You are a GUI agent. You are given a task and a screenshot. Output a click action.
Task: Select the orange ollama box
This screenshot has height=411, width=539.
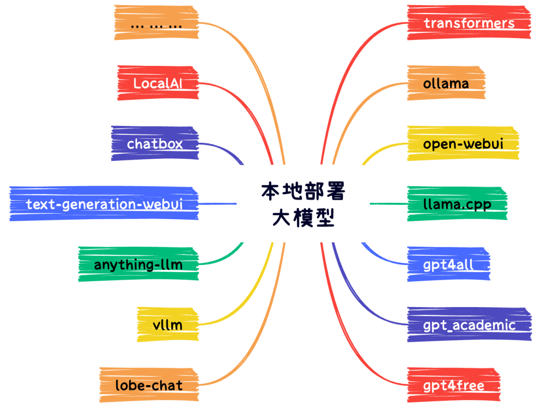click(x=446, y=83)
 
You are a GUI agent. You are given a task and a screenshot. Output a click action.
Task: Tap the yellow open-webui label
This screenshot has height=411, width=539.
click(x=463, y=144)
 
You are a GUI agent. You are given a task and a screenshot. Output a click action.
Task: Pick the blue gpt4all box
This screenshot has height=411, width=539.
click(x=448, y=265)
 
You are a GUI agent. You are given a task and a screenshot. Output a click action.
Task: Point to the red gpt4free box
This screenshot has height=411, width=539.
click(x=453, y=386)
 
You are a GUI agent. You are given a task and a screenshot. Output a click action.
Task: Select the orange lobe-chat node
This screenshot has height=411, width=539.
click(x=148, y=385)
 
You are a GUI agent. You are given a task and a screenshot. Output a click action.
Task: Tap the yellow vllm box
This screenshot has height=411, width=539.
click(x=167, y=325)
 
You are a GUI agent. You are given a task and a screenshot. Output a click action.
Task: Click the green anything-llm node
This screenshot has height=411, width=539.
click(x=138, y=264)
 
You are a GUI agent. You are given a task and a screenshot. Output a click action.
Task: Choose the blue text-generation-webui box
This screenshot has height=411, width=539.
click(x=104, y=204)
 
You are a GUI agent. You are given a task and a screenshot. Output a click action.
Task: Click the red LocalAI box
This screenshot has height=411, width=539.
click(x=158, y=83)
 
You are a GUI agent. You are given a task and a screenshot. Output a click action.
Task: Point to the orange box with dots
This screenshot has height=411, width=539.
click(x=156, y=23)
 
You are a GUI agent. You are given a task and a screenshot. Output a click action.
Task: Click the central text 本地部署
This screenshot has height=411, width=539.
click(x=303, y=192)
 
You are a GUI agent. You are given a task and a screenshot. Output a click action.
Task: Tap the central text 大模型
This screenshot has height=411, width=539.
click(x=303, y=218)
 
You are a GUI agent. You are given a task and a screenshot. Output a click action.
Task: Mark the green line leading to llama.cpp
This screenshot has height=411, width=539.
click(x=388, y=204)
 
